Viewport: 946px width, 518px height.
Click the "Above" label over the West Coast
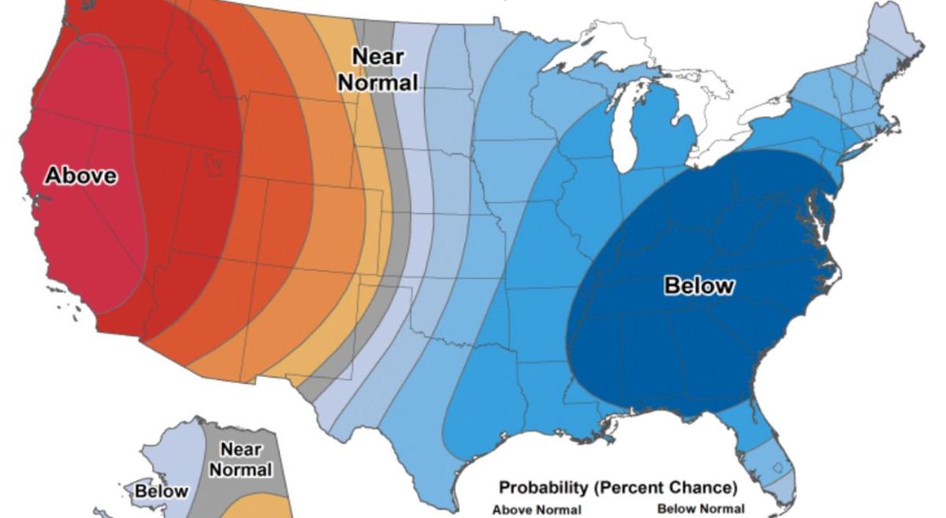click(80, 175)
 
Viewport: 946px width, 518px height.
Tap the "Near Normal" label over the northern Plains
click(378, 69)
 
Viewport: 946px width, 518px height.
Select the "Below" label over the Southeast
click(698, 285)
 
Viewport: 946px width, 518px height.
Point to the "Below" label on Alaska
click(161, 491)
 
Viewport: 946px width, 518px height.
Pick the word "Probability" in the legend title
click(543, 487)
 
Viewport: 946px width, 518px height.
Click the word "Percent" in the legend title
click(631, 487)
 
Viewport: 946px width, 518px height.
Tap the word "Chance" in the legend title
click(706, 487)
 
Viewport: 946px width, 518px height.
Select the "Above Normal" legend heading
click(537, 509)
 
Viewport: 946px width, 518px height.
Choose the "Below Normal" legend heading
click(700, 509)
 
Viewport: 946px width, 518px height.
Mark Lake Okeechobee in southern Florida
click(778, 468)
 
